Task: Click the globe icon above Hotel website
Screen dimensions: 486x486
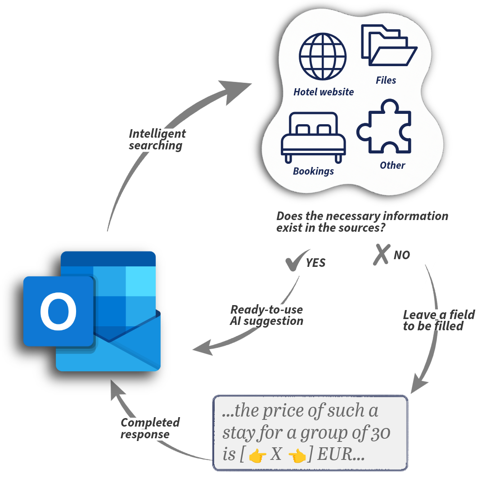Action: click(x=323, y=56)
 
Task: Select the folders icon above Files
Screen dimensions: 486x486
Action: click(x=389, y=45)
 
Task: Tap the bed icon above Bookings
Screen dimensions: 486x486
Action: click(x=313, y=137)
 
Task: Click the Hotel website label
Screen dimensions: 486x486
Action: click(x=324, y=92)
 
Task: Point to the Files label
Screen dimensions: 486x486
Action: click(x=386, y=81)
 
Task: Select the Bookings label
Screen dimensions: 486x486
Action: click(x=313, y=171)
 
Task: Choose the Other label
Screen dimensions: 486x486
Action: click(x=392, y=165)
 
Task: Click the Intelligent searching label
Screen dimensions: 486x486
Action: click(x=157, y=139)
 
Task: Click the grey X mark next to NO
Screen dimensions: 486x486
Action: click(x=381, y=254)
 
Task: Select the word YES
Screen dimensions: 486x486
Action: click(x=316, y=263)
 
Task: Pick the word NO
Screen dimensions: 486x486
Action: click(x=402, y=255)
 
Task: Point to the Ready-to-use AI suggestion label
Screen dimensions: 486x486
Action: click(x=266, y=315)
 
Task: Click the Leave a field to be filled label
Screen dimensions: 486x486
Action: click(x=438, y=320)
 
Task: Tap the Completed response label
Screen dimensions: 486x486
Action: click(x=150, y=428)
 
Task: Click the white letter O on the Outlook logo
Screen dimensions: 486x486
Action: click(x=58, y=311)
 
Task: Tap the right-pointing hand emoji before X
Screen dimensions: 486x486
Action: click(x=257, y=456)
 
